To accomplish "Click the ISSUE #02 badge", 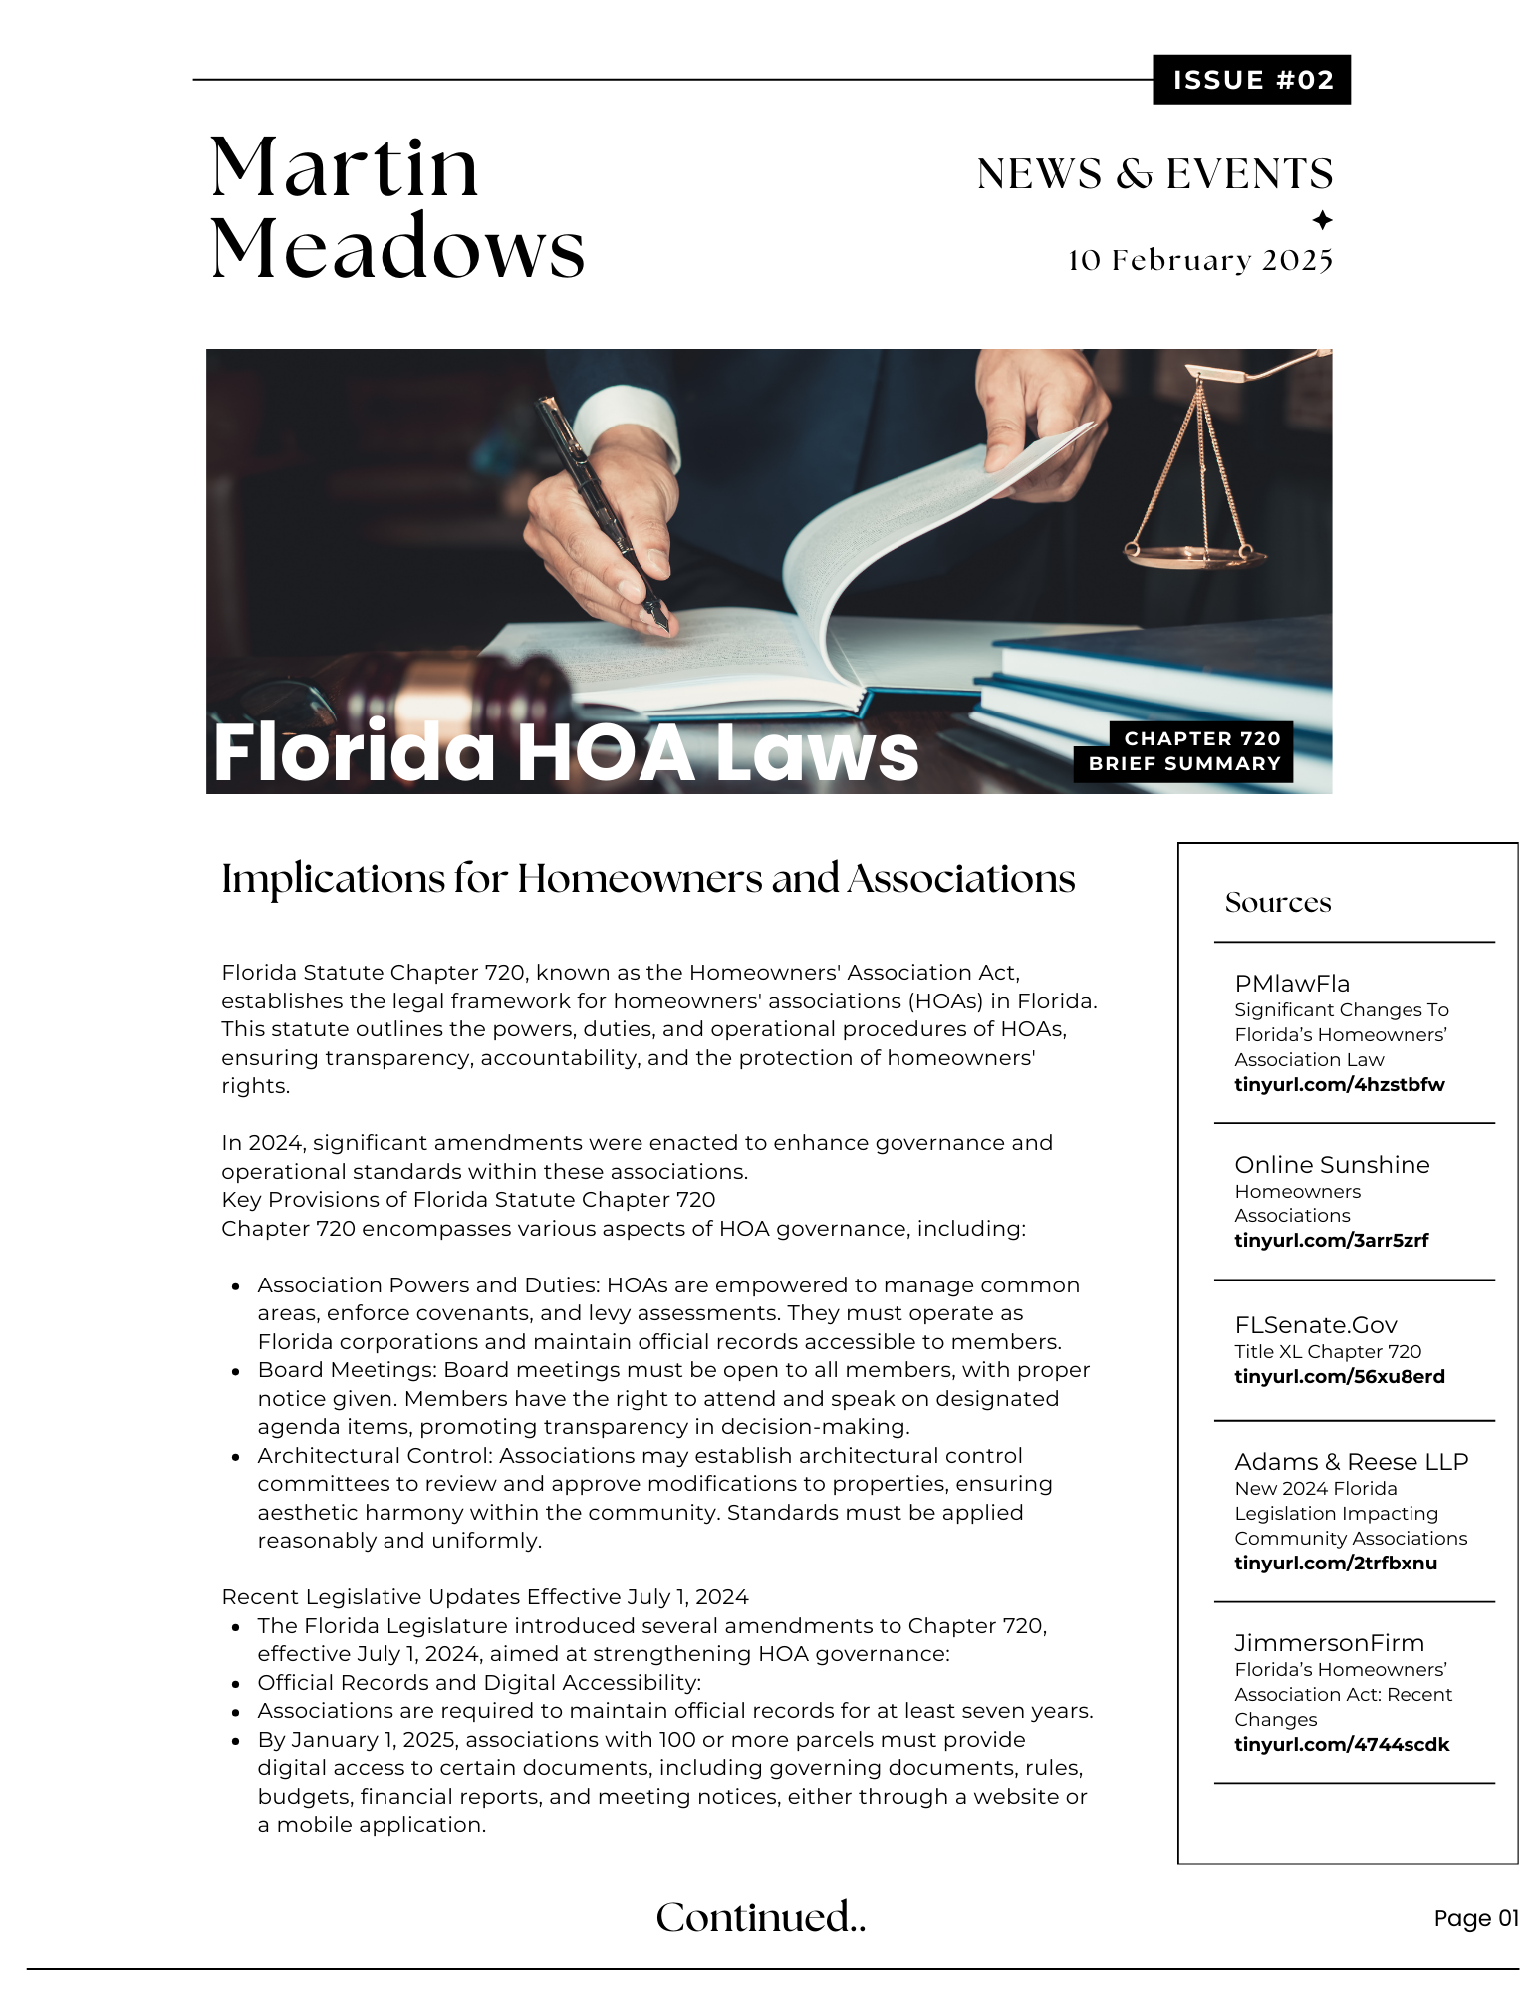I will [x=1251, y=80].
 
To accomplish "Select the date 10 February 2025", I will [x=1199, y=260].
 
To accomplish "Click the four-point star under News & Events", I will [x=1322, y=220].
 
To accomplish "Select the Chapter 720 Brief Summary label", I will [x=1183, y=751].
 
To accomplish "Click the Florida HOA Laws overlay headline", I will [x=565, y=752].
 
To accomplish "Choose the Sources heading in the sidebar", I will [x=1278, y=903].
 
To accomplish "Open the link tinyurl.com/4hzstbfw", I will [x=1339, y=1085].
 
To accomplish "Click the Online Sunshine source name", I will [x=1332, y=1165].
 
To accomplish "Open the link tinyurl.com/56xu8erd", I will [x=1339, y=1377].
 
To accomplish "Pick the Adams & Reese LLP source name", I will [x=1351, y=1462].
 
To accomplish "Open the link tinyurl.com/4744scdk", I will [x=1342, y=1745].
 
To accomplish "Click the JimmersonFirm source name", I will [x=1329, y=1643].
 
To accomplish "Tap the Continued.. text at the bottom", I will [x=760, y=1918].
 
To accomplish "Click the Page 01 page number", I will [x=1475, y=1919].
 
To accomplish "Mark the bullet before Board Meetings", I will [x=236, y=1372].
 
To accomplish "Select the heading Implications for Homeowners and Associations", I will [x=647, y=879].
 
